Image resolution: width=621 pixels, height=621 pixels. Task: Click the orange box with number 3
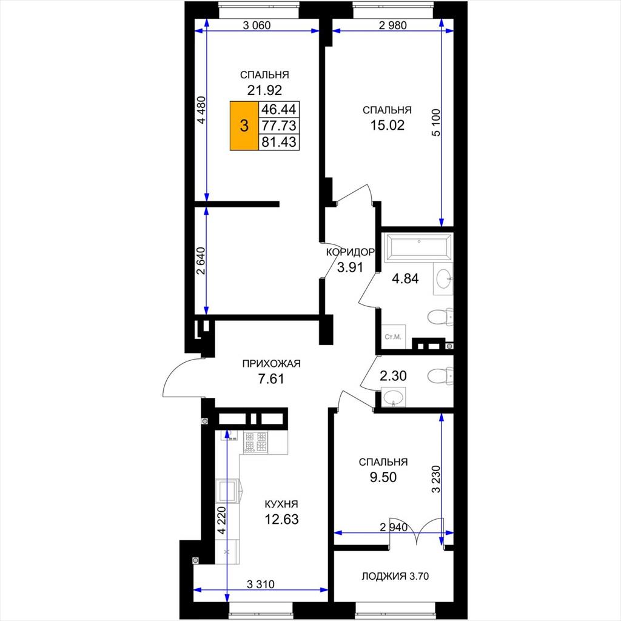pos(244,126)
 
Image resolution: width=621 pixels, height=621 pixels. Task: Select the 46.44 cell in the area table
pos(279,109)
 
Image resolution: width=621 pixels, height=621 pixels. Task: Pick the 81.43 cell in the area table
pos(279,142)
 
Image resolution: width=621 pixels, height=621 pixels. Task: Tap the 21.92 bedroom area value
pos(264,90)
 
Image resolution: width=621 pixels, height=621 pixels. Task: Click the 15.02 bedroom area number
pos(388,125)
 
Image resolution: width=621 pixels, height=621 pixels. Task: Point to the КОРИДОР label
pos(350,252)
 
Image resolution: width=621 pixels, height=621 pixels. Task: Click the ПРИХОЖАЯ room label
pos(271,363)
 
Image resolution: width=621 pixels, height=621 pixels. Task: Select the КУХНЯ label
pos(281,504)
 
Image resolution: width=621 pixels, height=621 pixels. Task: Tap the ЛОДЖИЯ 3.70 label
pos(395,576)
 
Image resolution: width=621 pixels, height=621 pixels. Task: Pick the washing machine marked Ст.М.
pos(394,337)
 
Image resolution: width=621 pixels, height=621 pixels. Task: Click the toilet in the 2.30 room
pos(440,375)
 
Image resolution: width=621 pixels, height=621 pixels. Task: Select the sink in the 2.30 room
pos(393,397)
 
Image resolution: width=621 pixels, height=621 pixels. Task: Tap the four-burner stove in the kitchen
pos(255,442)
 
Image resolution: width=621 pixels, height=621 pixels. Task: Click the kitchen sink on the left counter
pos(228,491)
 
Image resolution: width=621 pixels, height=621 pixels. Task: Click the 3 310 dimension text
pos(260,584)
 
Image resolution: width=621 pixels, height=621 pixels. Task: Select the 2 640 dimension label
pos(201,261)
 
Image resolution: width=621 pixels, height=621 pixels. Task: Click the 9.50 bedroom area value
pos(383,477)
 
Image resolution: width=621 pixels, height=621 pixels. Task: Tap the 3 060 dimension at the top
pos(257,25)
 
